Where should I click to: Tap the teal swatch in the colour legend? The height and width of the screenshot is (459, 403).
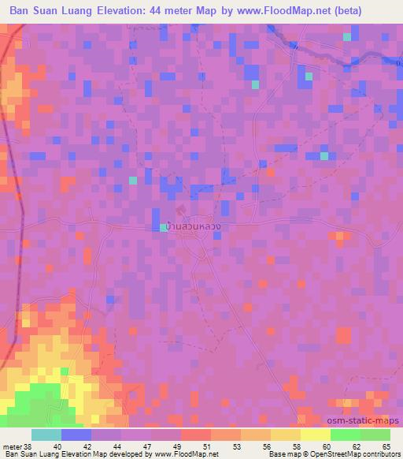46,434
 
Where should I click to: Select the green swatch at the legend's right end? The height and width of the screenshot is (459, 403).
375,434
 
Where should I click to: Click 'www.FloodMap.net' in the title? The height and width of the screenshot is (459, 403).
287,11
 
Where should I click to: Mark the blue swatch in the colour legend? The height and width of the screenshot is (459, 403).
76,434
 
